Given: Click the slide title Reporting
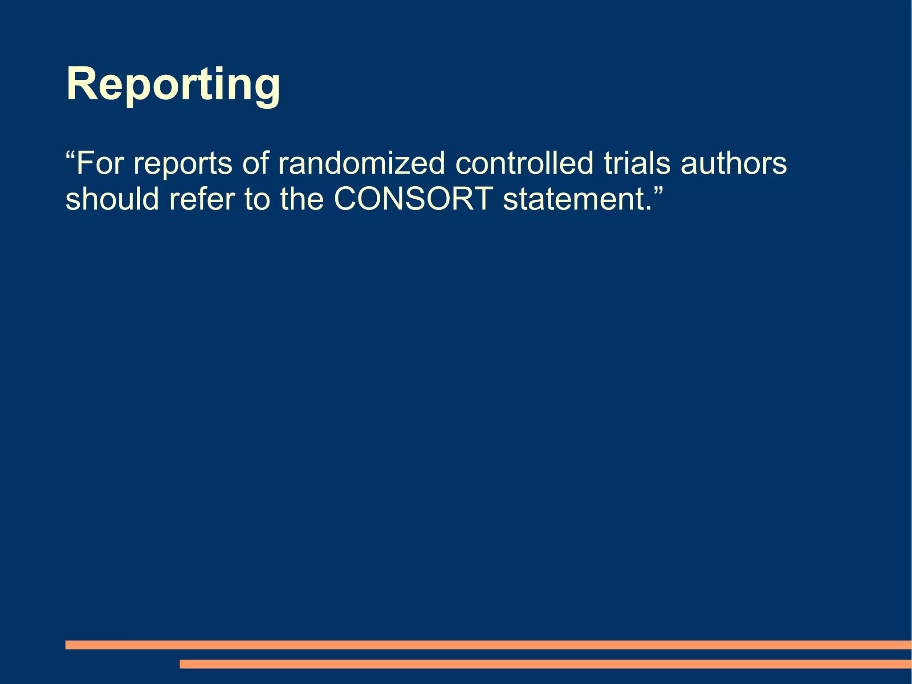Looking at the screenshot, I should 173,85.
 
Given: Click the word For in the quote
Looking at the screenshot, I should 99,163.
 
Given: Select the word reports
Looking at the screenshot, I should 183,165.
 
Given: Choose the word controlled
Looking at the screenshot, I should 525,163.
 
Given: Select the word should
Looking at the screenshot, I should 112,199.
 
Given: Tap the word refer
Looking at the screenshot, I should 202,199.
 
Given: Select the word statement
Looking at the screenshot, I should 574,199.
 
